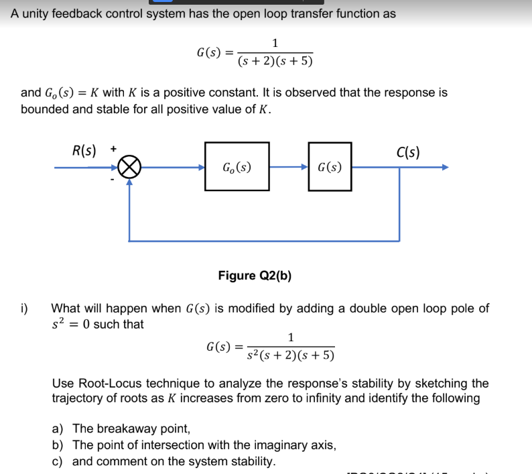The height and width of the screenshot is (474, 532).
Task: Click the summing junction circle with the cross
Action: (129, 168)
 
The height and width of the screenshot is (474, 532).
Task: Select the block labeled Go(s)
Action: (237, 166)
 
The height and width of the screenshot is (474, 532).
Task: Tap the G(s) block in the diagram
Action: (330, 167)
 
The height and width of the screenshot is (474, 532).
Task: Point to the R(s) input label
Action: (84, 150)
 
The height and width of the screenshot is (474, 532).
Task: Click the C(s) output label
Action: (408, 152)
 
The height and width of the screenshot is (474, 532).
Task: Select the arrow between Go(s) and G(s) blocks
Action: (289, 167)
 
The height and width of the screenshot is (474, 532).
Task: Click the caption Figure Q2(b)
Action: (255, 276)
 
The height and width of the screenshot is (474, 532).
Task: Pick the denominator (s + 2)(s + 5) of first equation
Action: (275, 62)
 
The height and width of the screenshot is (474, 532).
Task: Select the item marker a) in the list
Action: (59, 428)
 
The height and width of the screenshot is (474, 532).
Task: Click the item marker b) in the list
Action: (59, 445)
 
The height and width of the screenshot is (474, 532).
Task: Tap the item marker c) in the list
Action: (59, 461)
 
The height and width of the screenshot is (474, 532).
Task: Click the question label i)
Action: (24, 308)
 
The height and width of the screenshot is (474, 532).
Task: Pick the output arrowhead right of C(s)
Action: (443, 168)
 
